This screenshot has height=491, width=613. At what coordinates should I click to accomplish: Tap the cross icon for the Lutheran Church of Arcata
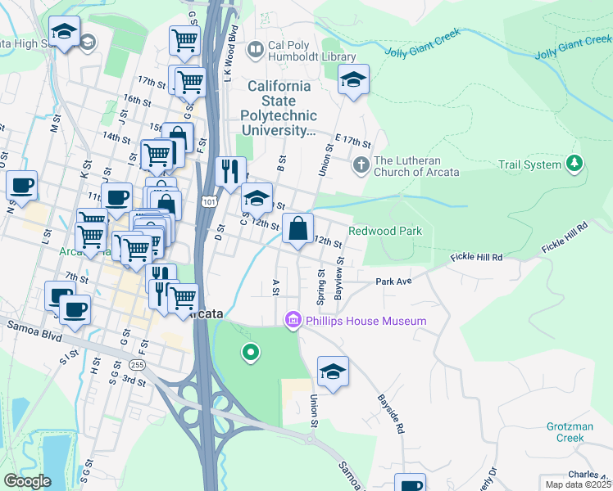361,165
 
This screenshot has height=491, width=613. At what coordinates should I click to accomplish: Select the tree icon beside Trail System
575,164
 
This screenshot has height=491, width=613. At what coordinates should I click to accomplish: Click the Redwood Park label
385,231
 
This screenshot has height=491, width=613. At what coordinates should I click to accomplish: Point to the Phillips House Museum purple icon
293,320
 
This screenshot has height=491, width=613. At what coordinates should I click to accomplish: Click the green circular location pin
251,353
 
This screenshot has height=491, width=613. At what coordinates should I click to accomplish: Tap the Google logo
27,481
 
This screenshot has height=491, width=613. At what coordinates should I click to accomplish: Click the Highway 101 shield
207,200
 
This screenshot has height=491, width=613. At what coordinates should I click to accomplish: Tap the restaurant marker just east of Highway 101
231,171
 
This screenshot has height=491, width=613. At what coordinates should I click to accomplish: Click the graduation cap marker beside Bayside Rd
333,371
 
